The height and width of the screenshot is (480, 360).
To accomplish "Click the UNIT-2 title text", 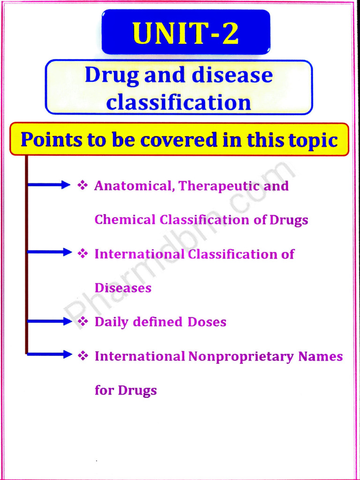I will pos(186,33).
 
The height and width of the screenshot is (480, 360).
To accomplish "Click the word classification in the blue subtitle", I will pos(178,102).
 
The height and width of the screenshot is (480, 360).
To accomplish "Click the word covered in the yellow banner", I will pos(169,140).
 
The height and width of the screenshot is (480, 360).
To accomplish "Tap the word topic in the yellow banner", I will pos(312,140).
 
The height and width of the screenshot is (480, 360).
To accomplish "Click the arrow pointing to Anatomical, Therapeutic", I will pos(49,185).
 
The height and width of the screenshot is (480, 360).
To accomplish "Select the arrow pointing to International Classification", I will pos(49,252).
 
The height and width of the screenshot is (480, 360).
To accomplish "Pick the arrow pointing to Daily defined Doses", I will pos(49,321).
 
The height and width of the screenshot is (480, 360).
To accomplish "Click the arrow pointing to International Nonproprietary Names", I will pos(49,354).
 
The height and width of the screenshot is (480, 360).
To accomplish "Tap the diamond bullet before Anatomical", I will pos(83,186).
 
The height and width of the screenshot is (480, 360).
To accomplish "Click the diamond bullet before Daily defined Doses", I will pos(83,322).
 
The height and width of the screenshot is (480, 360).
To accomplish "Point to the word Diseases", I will pos(123,288).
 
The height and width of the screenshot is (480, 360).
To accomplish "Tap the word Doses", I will pos(207,322).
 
